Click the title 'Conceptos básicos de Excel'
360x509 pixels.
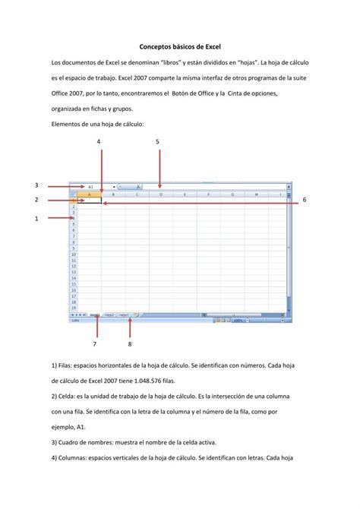[179, 47]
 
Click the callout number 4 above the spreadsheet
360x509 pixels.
[98, 142]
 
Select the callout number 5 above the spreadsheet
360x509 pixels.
[157, 142]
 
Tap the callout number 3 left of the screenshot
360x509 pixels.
[36, 185]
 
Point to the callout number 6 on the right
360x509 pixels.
[304, 199]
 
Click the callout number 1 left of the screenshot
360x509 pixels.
[36, 219]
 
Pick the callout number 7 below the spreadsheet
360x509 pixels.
[96, 343]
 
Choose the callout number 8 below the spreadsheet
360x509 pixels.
[130, 343]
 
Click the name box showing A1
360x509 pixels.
[91, 186]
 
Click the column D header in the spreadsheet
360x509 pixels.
[160, 194]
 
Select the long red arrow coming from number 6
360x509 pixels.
[197, 203]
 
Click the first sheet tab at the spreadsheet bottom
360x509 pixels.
[95, 314]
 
